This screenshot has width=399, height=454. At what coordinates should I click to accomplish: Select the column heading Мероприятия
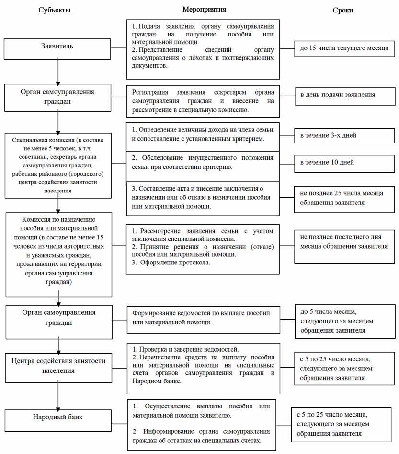(204, 9)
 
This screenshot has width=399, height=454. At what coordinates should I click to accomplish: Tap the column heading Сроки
(343, 10)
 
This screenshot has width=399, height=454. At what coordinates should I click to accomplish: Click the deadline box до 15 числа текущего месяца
(344, 48)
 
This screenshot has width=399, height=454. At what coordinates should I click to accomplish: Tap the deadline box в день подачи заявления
(344, 96)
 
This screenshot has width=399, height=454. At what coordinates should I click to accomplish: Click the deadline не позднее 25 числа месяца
(344, 198)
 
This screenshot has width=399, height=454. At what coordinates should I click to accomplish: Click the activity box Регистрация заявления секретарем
(203, 101)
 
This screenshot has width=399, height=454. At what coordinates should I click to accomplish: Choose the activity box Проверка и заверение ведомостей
(203, 365)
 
